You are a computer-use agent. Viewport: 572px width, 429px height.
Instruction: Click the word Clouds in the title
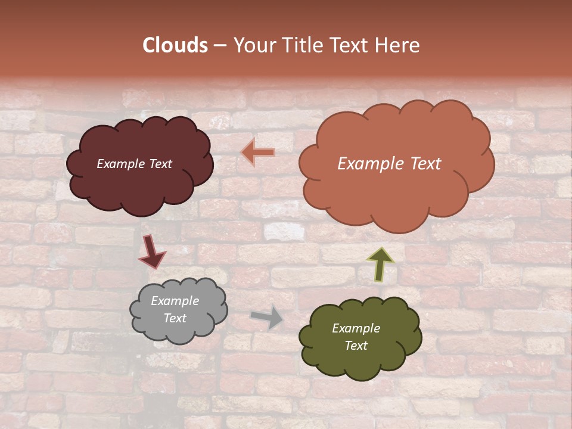[x=175, y=45]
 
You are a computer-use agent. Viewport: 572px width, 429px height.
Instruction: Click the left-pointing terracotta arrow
[x=259, y=153]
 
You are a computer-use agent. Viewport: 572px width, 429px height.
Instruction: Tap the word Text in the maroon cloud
[x=160, y=164]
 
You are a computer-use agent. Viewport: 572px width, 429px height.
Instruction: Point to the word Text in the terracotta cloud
[x=425, y=164]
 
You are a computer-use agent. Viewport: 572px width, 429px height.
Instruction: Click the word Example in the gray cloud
[x=175, y=301]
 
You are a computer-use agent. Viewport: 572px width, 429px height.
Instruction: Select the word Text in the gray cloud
[x=175, y=318]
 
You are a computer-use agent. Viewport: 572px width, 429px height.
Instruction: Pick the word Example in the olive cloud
[x=356, y=328]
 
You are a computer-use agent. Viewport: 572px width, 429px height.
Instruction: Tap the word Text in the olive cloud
[x=356, y=346]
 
